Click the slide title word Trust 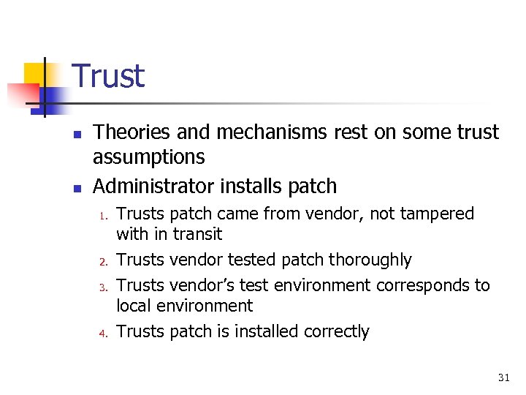click(109, 76)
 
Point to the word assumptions click(149, 157)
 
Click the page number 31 click(503, 377)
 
